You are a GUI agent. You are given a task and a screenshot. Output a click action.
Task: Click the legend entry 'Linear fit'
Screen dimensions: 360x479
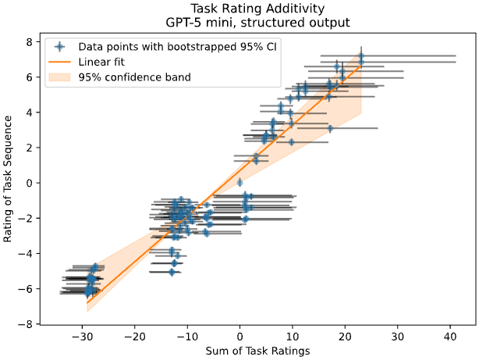pos(103,61)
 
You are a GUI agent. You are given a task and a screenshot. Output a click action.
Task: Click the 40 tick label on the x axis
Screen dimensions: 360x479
pos(450,335)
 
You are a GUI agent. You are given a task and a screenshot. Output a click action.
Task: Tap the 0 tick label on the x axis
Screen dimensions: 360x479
pos(239,335)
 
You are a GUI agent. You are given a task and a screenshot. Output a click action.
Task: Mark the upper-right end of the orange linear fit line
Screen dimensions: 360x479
pos(360,66)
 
